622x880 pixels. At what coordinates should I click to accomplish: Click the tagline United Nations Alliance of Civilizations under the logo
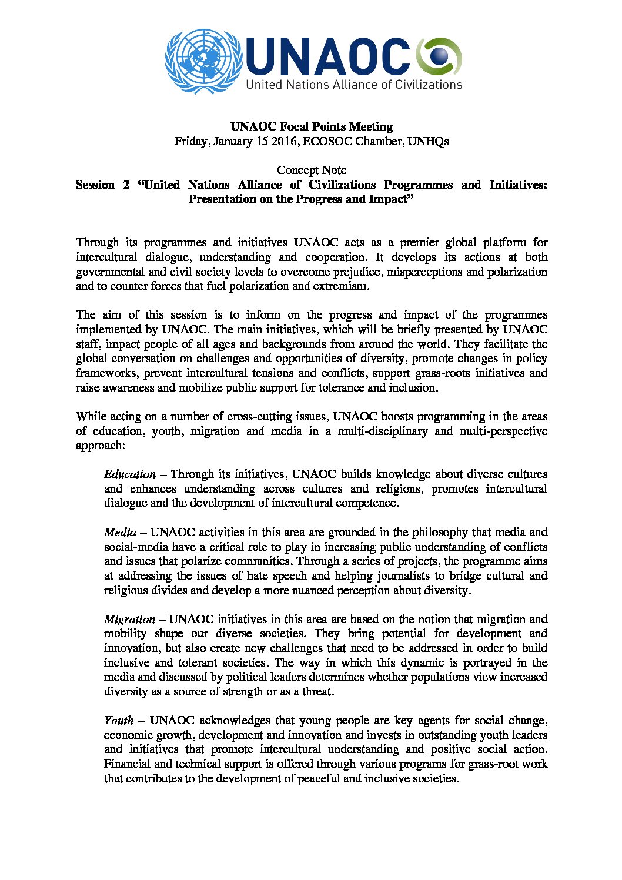pos(354,85)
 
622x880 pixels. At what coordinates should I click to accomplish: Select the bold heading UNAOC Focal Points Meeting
pos(311,126)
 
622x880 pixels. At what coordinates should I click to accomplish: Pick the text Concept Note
pos(312,170)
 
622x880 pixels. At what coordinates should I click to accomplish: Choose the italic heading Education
pos(130,474)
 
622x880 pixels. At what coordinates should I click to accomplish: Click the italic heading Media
pos(120,533)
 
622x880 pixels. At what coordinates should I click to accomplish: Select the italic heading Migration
pos(129,620)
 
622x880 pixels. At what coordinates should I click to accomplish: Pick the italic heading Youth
pos(118,721)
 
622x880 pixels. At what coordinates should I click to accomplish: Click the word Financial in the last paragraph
pos(126,764)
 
